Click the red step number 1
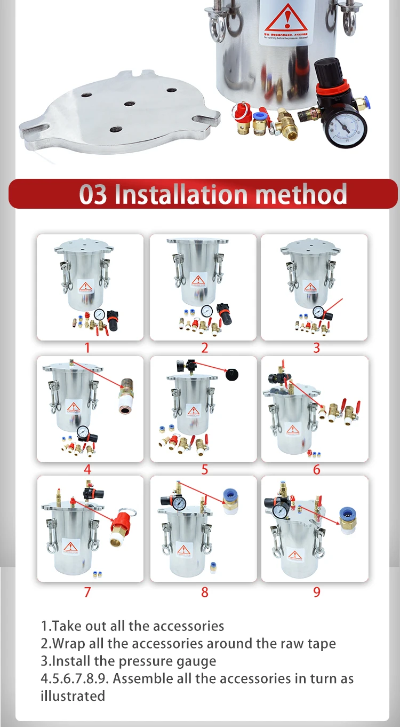pos(87,348)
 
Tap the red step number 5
pos(205,470)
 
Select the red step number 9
pos(317,592)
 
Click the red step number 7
pos(87,592)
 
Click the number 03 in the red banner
pos(93,194)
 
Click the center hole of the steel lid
pos(129,104)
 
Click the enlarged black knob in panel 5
pos(232,376)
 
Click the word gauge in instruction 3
pos(198,661)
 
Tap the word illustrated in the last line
pos(73,696)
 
